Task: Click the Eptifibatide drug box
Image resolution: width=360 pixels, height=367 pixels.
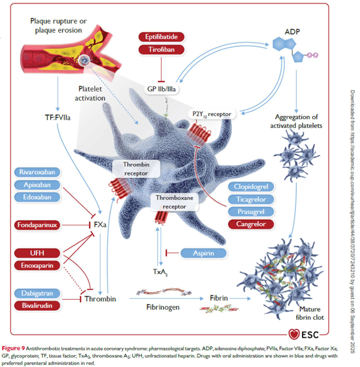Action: pos(161,37)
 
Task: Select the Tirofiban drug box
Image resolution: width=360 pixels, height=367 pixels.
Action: pos(161,49)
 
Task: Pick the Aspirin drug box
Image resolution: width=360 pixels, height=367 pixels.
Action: pos(204,253)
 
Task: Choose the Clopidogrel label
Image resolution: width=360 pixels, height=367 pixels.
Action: pos(252,187)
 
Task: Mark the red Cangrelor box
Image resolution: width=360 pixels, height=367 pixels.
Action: pos(252,224)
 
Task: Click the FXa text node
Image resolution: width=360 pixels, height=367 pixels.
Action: pos(101,225)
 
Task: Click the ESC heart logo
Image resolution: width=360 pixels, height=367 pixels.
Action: pos(295,335)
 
